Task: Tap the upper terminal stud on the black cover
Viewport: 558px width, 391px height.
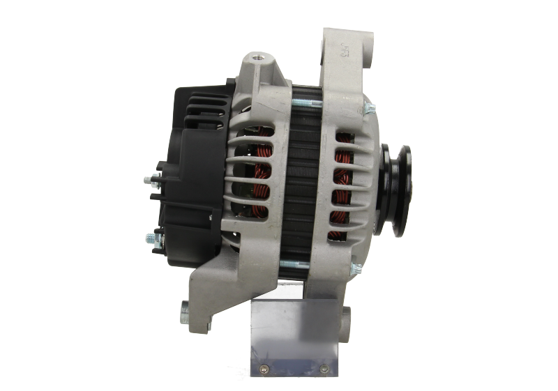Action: pos(149,181)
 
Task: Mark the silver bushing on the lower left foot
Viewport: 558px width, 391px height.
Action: pos(185,307)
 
